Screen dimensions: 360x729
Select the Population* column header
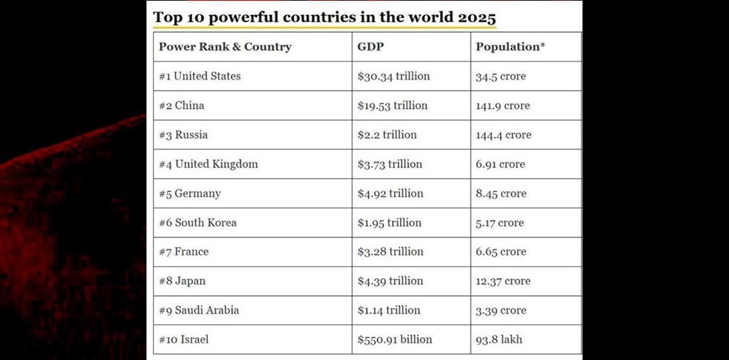pos(510,47)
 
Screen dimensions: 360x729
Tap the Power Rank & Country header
pos(225,47)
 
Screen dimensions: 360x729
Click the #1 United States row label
pos(200,76)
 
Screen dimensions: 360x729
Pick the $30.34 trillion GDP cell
pos(394,76)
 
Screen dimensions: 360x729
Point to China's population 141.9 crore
pos(503,106)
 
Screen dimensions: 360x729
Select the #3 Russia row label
pos(184,135)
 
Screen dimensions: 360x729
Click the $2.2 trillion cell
pos(387,135)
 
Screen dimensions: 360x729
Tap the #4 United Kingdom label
pos(209,164)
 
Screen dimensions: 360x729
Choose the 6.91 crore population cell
pos(500,164)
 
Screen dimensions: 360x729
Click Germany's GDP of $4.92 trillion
pos(390,193)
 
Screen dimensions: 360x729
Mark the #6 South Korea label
pos(198,223)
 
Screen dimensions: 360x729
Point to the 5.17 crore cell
pos(500,223)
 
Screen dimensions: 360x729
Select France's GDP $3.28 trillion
pos(390,252)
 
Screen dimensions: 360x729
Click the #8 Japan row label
pos(182,281)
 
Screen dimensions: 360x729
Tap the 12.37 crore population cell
pos(503,281)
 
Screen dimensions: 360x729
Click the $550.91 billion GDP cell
pos(395,340)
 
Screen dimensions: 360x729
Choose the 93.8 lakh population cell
pos(499,340)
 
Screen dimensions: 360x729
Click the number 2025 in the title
pos(477,17)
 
